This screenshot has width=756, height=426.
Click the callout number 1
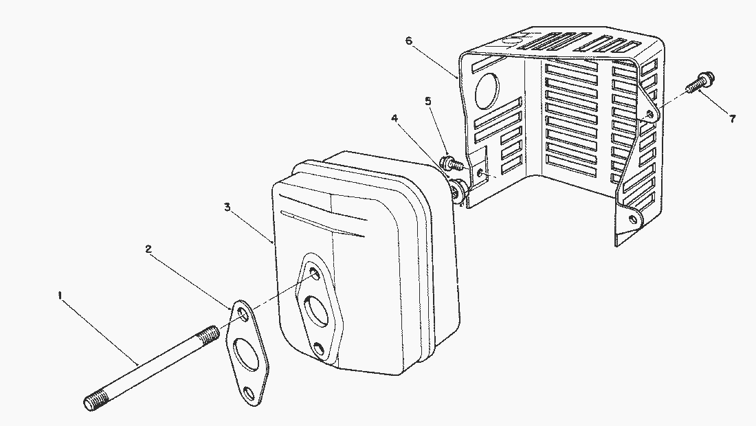tap(60, 295)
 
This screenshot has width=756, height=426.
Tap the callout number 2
tap(148, 249)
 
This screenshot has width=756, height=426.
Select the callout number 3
tap(227, 207)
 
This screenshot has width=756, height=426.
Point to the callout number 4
tap(394, 118)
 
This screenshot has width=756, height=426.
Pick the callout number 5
tap(427, 101)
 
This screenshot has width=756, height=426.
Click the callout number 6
tap(409, 41)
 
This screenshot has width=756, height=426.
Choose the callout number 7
tap(733, 119)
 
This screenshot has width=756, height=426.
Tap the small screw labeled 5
tap(452, 163)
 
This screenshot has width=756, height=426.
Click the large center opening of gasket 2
tap(246, 354)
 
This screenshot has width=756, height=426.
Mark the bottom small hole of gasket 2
tap(249, 393)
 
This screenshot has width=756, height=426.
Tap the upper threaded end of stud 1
tap(208, 334)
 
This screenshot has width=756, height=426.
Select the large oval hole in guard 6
tap(487, 91)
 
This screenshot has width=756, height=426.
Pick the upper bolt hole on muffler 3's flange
tap(314, 273)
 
